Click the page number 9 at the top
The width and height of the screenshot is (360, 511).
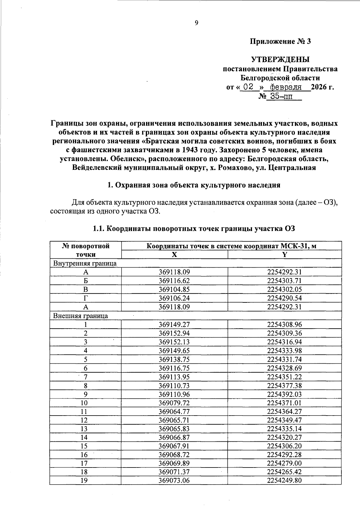click(196, 23)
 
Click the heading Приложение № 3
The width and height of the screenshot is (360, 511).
click(280, 41)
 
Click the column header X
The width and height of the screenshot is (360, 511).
click(174, 254)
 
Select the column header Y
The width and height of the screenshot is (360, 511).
click(284, 254)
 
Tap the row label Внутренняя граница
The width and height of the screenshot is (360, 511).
click(85, 263)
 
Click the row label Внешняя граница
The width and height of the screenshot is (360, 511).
click(81, 316)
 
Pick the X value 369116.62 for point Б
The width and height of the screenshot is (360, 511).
click(174, 281)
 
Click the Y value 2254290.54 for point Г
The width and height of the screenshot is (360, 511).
click(284, 298)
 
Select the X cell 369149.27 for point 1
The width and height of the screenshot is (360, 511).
click(174, 324)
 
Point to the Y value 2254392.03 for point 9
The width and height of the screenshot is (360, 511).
click(284, 394)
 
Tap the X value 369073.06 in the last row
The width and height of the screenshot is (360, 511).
click(174, 481)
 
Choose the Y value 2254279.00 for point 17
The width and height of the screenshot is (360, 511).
click(284, 463)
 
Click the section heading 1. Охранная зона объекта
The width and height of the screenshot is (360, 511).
click(194, 185)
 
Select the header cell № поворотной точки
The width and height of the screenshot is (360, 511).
click(85, 250)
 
